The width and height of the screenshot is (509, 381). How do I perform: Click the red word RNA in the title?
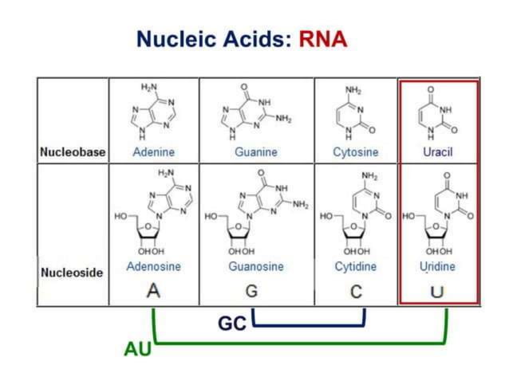tap(323, 38)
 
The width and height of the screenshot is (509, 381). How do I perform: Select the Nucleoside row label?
tap(72, 273)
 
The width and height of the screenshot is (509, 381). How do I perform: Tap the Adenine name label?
tap(154, 151)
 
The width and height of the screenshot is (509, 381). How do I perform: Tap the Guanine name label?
tap(256, 151)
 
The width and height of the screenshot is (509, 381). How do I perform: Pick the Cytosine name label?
tap(356, 151)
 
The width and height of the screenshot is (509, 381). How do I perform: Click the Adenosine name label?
tap(154, 266)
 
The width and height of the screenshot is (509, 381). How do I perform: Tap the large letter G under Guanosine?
tap(251, 291)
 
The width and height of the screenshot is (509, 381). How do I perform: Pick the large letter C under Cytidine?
tap(356, 291)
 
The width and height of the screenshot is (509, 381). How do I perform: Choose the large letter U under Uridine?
tap(436, 291)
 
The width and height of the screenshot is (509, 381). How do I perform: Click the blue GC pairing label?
tap(233, 324)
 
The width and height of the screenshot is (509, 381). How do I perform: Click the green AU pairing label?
tap(137, 349)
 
